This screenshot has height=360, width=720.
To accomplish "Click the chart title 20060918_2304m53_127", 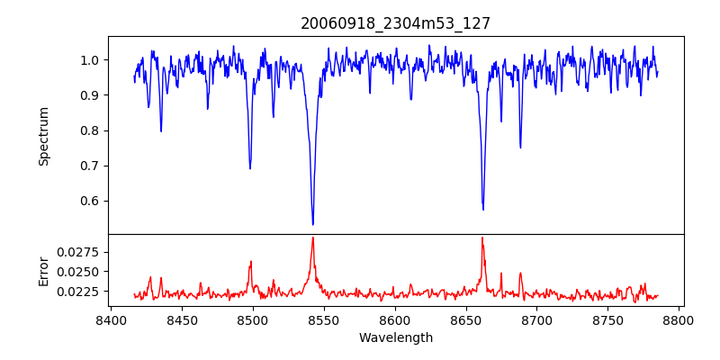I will point(396,23).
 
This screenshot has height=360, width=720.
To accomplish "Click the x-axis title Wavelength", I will point(396,337).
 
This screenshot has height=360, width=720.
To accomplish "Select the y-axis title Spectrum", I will point(44,136).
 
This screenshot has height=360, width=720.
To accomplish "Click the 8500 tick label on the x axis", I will point(253,319).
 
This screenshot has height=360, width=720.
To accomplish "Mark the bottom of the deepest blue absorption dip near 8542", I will point(312,224).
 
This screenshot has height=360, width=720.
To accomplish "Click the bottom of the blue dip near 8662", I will point(483,210).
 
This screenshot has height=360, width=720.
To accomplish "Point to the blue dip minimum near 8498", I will point(250,168).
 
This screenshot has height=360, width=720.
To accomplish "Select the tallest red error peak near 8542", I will point(312,238).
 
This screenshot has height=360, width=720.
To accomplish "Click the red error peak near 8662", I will point(482,238).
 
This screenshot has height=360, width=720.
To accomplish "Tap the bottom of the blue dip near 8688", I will point(520,148).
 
